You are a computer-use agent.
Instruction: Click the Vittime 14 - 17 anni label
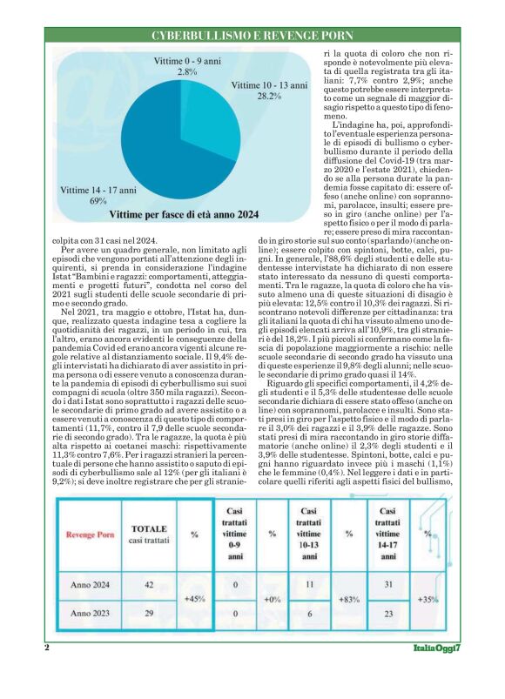(x=98, y=194)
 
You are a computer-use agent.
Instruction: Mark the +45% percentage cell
(x=194, y=599)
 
